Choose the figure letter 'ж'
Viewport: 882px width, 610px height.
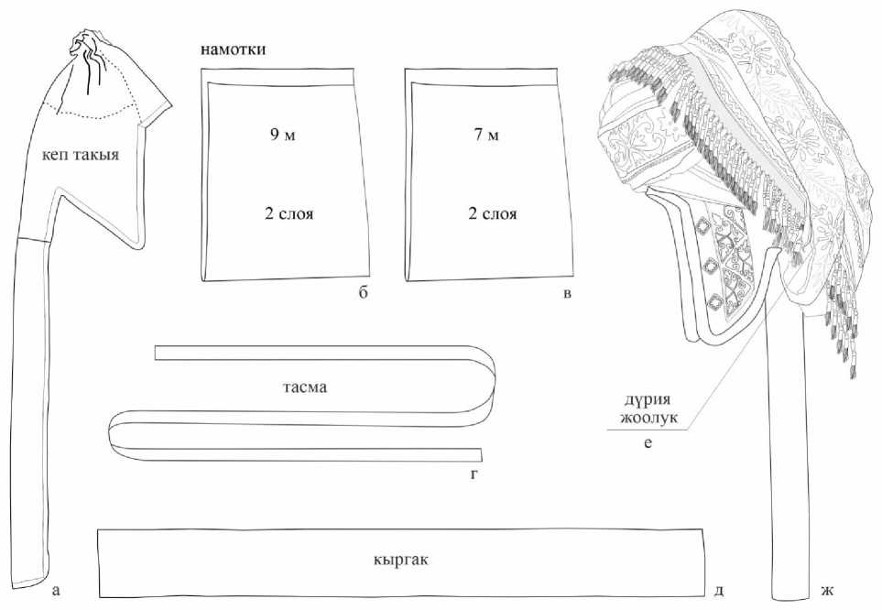pos(827,590)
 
